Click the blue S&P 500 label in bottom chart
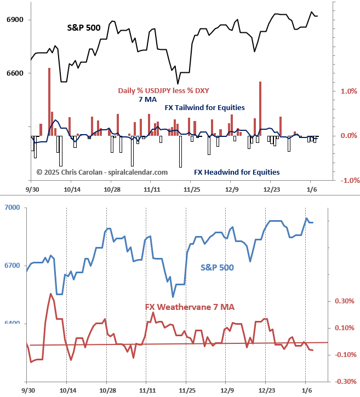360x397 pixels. click(x=217, y=268)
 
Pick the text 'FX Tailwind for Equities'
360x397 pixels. click(x=204, y=108)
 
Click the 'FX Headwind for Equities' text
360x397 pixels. click(x=237, y=172)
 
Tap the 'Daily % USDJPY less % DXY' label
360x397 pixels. click(x=163, y=91)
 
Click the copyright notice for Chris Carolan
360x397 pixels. click(x=102, y=172)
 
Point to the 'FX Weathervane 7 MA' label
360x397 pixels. click(x=190, y=307)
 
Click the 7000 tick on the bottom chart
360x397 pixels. click(x=12, y=208)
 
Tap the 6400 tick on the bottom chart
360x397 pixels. click(x=12, y=324)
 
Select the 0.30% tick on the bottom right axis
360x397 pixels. click(x=345, y=301)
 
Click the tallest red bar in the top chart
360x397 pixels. click(x=49, y=102)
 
